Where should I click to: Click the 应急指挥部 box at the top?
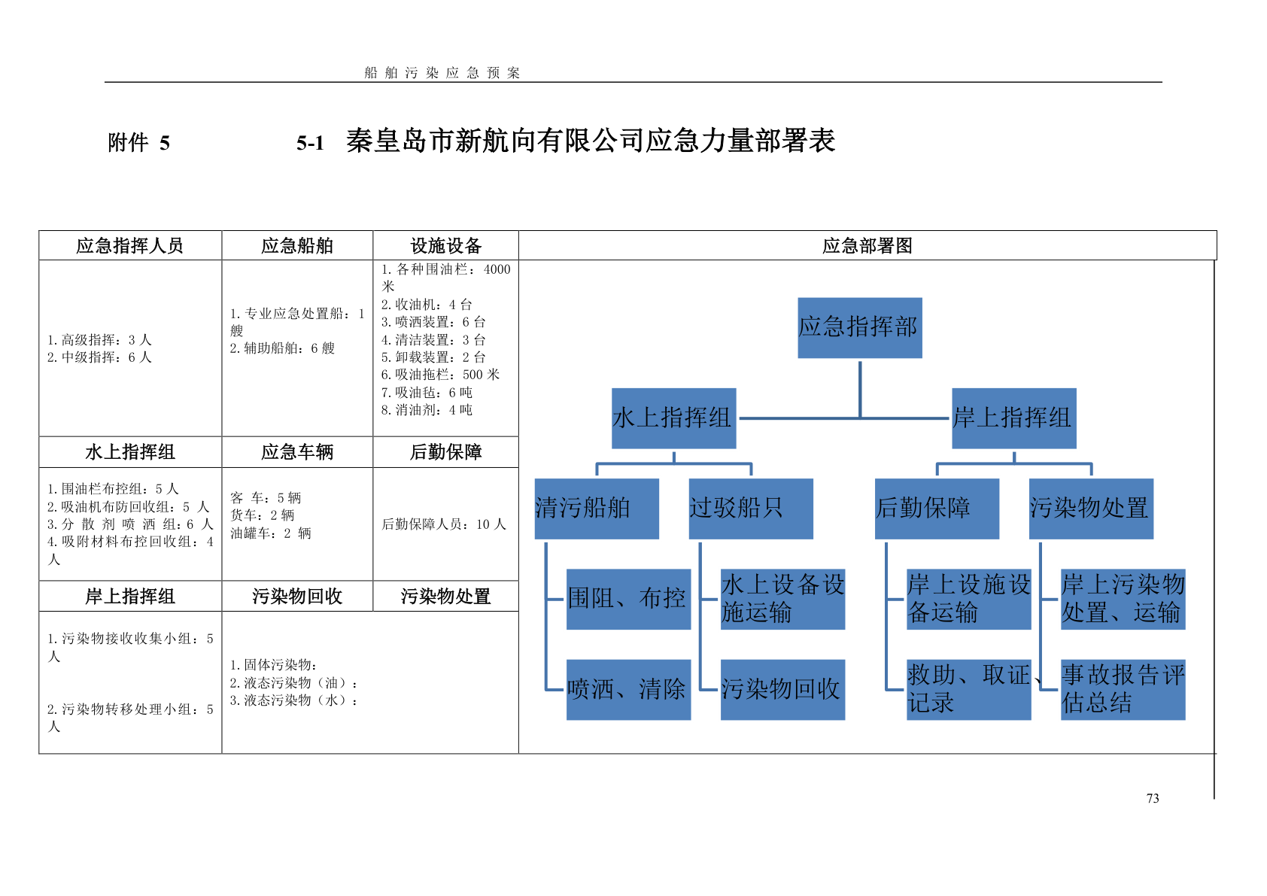(x=859, y=327)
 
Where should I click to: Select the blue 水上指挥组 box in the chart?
(x=673, y=418)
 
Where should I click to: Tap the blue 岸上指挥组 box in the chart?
(x=1013, y=418)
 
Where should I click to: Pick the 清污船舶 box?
(x=597, y=509)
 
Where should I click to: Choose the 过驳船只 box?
(x=751, y=509)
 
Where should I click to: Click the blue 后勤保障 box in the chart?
(x=937, y=509)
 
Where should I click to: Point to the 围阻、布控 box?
(x=628, y=599)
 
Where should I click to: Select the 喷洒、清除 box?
(x=628, y=689)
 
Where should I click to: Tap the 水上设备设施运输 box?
(x=782, y=599)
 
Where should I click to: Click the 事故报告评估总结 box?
(x=1123, y=689)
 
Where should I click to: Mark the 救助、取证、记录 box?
(x=968, y=689)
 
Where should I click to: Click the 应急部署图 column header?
(x=867, y=246)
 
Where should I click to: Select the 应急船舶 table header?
(x=297, y=246)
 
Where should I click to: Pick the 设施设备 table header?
(x=445, y=246)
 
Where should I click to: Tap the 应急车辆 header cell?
(x=297, y=452)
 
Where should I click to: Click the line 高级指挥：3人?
(x=99, y=340)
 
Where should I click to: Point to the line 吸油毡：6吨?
(x=427, y=392)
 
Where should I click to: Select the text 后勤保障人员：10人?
(x=444, y=524)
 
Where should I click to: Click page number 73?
(x=1153, y=799)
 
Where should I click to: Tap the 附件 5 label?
(x=139, y=143)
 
